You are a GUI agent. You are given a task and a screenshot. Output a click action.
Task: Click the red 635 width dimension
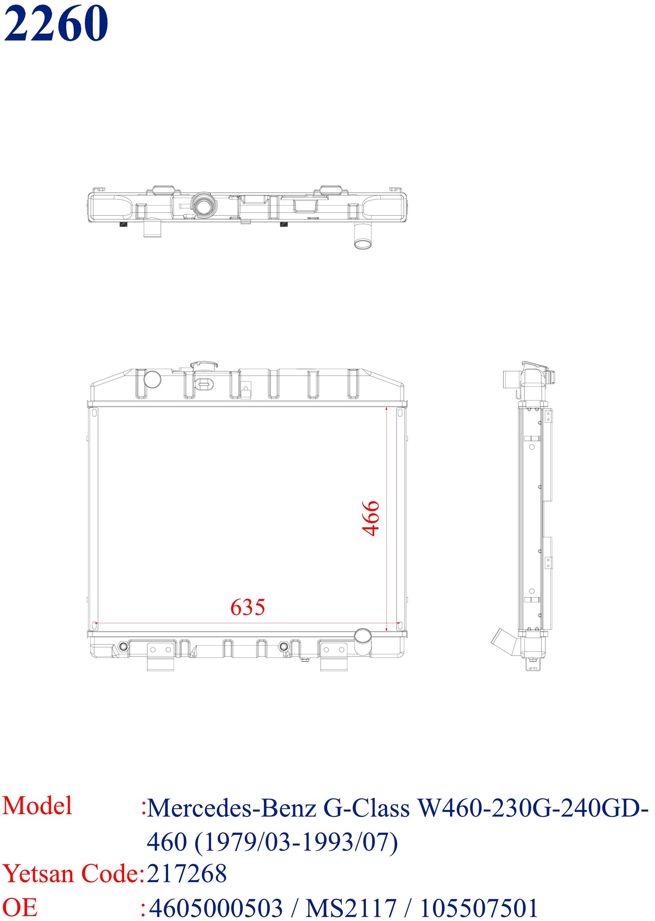pyautogui.click(x=247, y=608)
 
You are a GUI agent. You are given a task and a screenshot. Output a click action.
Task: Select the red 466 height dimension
pyautogui.click(x=371, y=518)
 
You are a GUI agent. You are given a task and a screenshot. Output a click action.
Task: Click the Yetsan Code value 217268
pyautogui.click(x=187, y=873)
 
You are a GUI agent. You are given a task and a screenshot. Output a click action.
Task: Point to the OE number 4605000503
pyautogui.click(x=216, y=908)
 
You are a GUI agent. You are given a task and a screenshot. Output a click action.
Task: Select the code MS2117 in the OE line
pyautogui.click(x=351, y=908)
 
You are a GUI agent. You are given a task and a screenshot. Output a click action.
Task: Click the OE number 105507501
pyautogui.click(x=479, y=908)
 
